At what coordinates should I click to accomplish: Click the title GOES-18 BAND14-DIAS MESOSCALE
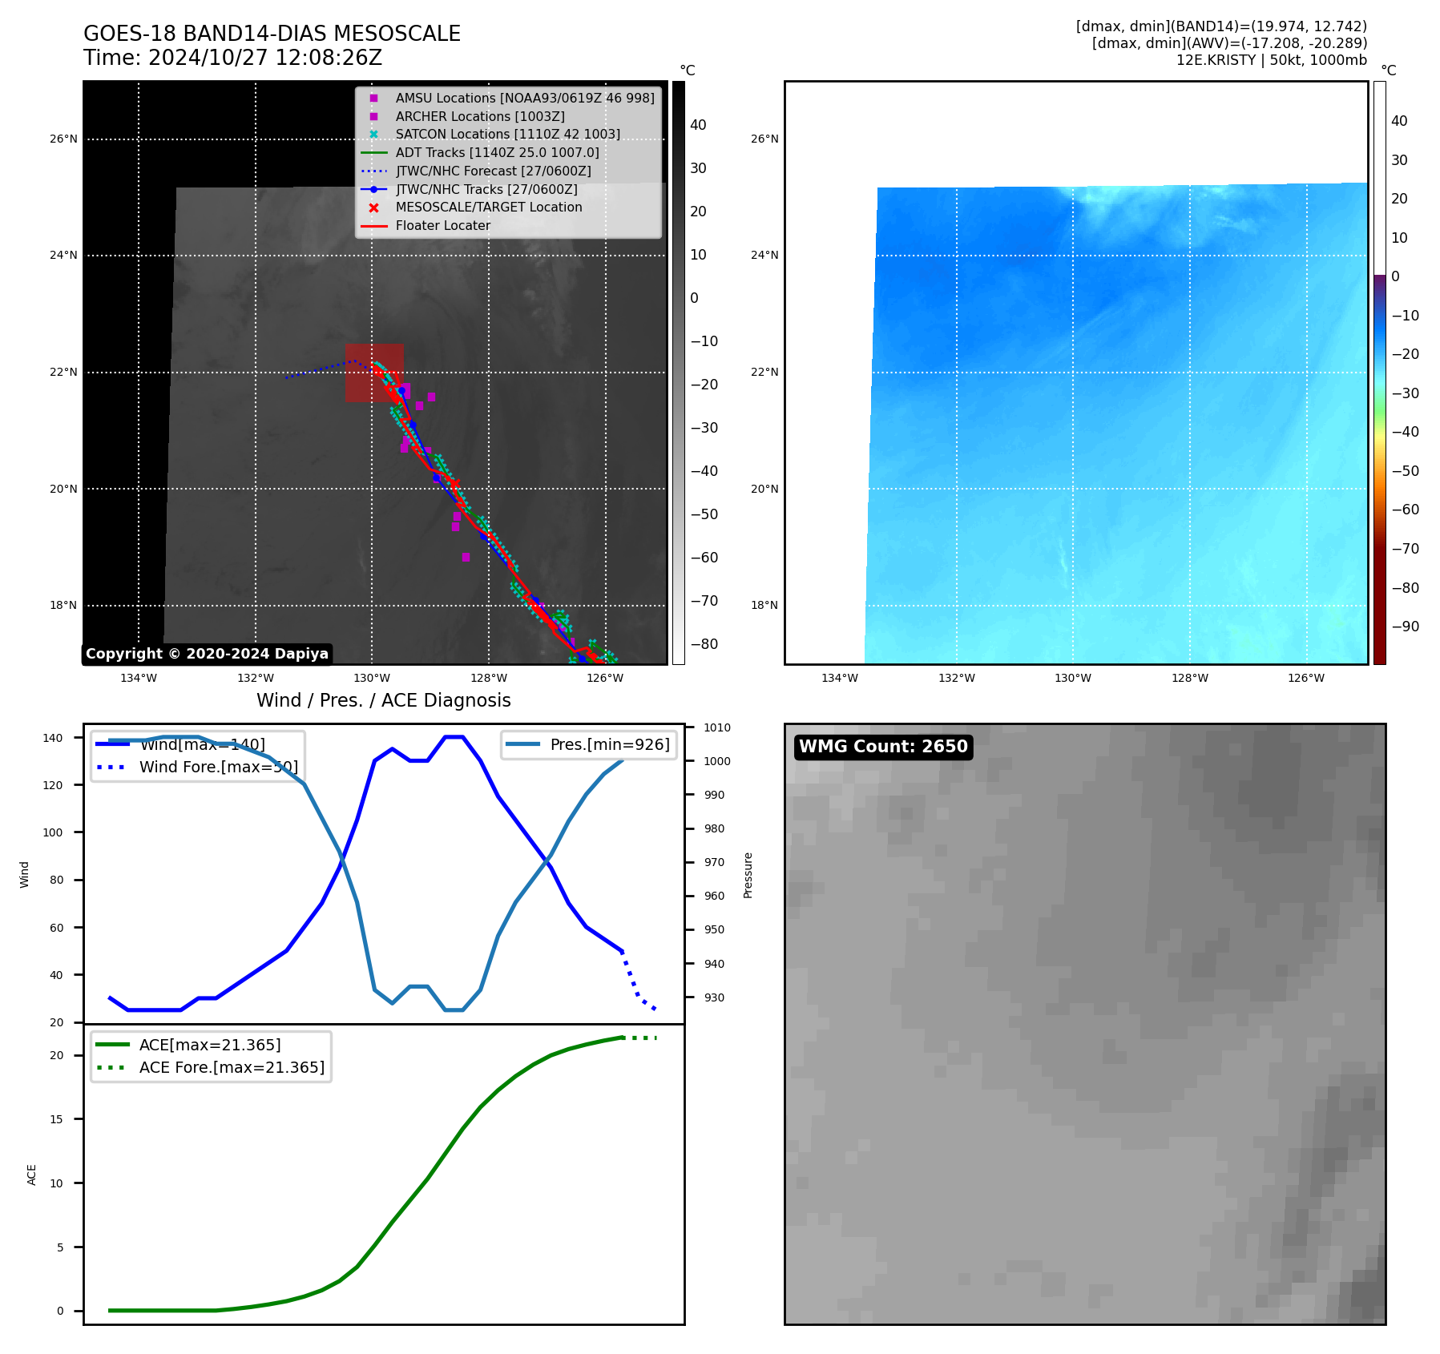tap(272, 34)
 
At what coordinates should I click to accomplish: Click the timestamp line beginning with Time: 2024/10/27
tap(232, 58)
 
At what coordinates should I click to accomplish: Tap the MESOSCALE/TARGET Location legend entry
tap(488, 208)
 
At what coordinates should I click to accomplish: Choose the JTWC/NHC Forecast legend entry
tap(493, 171)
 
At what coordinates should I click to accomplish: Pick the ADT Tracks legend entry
tap(497, 153)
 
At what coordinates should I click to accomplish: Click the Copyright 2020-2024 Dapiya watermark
tap(207, 654)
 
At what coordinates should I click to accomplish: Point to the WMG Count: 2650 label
tap(883, 747)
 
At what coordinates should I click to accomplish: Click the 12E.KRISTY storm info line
tap(1271, 60)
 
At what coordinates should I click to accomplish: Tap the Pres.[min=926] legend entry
tap(609, 744)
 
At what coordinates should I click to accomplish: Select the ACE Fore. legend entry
tap(232, 1068)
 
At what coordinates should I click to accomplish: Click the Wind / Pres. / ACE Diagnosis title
tap(383, 700)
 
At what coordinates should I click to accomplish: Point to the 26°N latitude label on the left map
tap(63, 139)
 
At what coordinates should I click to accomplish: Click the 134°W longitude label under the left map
tap(139, 679)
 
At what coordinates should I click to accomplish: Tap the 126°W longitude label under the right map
tap(1306, 679)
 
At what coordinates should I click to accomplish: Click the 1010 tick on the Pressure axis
tap(717, 727)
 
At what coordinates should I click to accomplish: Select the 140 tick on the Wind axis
tap(53, 738)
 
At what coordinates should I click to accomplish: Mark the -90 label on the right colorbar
tap(1405, 627)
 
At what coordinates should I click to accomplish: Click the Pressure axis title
tap(748, 875)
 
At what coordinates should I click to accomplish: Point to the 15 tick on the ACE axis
tap(57, 1119)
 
